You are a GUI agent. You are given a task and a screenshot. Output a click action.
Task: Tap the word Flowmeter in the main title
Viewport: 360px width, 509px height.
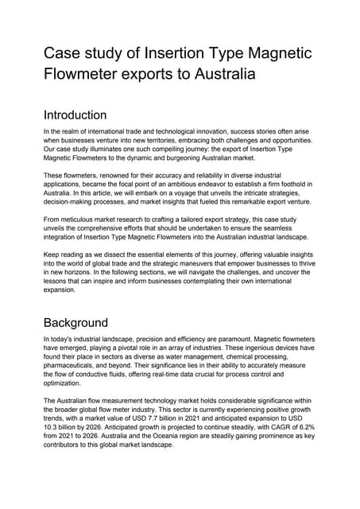tap(89, 76)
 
